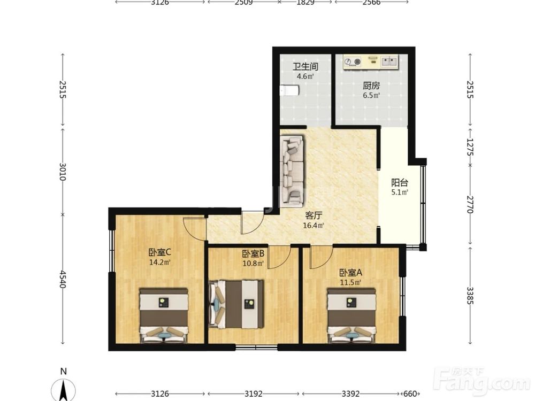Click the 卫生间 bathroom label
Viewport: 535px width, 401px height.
[x=305, y=66]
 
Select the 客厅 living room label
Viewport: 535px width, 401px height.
[x=314, y=215]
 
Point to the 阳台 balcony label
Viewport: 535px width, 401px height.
[x=400, y=182]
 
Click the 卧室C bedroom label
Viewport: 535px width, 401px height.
[x=159, y=252]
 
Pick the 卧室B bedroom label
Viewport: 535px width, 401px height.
[x=253, y=253]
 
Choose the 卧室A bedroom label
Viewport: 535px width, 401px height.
[x=350, y=273]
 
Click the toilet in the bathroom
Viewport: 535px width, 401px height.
[x=289, y=91]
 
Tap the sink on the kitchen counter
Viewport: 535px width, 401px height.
[x=389, y=61]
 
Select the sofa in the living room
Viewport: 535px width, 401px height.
[x=292, y=171]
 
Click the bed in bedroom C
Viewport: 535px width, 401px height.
[x=164, y=315]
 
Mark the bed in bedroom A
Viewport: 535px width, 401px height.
[x=351, y=315]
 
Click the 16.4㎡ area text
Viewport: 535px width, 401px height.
[x=314, y=225]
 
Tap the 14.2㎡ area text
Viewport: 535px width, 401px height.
[x=159, y=262]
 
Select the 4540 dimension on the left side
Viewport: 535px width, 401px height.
[x=63, y=279]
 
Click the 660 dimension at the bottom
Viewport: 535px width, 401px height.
[x=412, y=394]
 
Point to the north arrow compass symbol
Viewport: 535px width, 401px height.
[x=64, y=389]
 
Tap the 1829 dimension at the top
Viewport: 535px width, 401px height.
[x=305, y=2]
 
